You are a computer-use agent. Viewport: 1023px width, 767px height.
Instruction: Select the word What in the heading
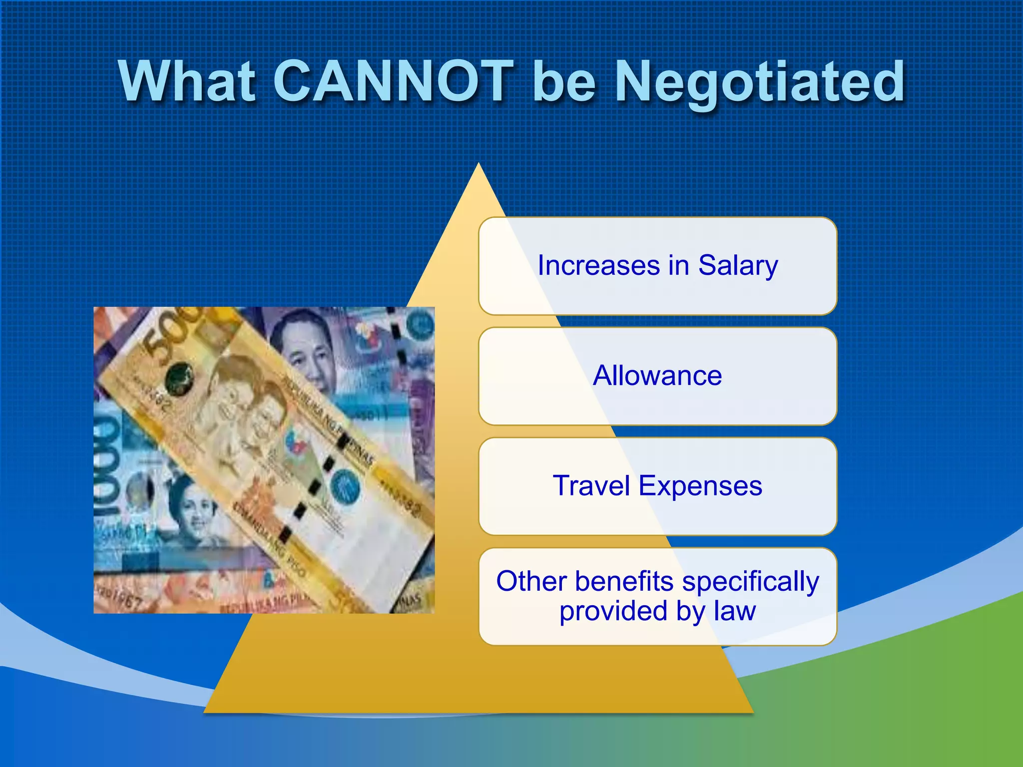coord(187,81)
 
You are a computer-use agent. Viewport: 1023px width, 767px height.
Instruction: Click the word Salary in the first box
coord(738,265)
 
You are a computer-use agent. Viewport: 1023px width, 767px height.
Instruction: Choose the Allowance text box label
coord(657,376)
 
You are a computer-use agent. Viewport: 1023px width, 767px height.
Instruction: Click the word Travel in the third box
coord(591,485)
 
